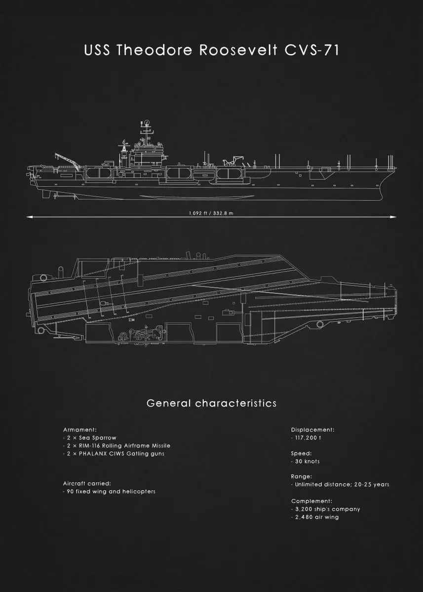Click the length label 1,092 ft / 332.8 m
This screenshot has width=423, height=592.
211,213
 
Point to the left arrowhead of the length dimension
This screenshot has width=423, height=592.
29,217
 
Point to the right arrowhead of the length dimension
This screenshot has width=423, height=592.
394,217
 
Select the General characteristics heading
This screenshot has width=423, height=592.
211,403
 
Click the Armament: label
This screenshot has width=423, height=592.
79,430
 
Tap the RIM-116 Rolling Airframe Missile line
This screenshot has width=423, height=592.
116,445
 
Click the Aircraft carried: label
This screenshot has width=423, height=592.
87,483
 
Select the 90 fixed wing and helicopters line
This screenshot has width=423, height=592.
109,491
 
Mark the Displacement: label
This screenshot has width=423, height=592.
312,430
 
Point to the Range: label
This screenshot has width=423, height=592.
301,477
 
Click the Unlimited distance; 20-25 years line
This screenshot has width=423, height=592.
340,484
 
